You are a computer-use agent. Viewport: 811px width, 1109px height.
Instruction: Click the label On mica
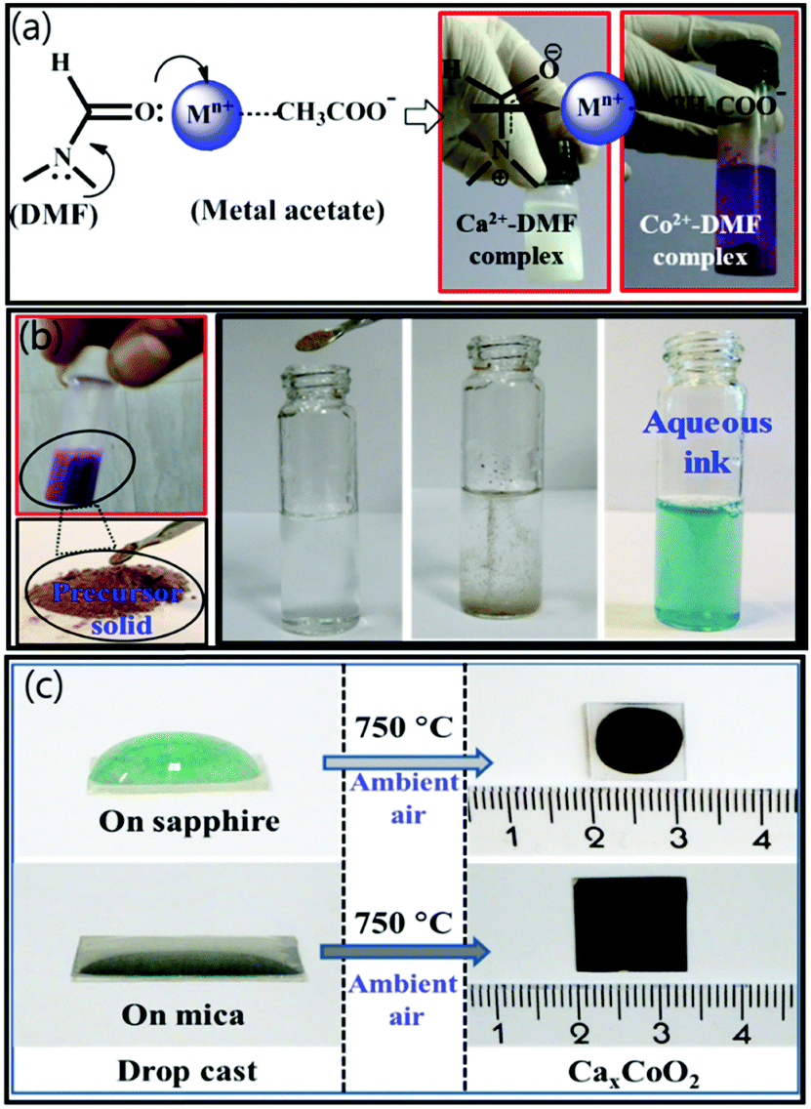coord(182,1016)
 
